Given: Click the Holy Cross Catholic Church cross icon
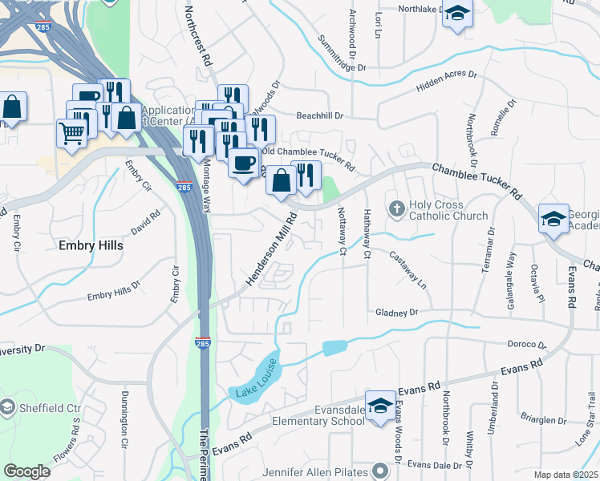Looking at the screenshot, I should point(396,208).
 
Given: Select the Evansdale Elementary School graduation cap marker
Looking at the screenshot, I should point(380,403).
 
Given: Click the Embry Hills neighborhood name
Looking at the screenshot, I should point(91,245).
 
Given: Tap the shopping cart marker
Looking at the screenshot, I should point(71,132).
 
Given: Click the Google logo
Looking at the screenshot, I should point(26,471).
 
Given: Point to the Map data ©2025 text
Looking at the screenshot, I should point(566,475).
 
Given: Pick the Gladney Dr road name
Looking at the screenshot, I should point(397,313).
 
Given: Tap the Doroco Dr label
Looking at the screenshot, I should point(527,345).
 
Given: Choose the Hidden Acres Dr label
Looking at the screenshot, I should point(446,81).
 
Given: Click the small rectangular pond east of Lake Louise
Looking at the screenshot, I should point(334,348).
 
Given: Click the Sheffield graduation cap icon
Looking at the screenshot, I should point(7,406).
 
